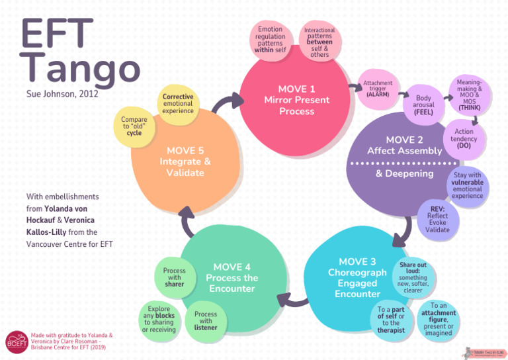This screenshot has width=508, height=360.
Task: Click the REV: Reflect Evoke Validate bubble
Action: pos(437,218)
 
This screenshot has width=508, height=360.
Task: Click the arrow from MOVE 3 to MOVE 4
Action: pos(291,300)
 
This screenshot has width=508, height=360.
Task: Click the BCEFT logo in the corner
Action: pos(16,341)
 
